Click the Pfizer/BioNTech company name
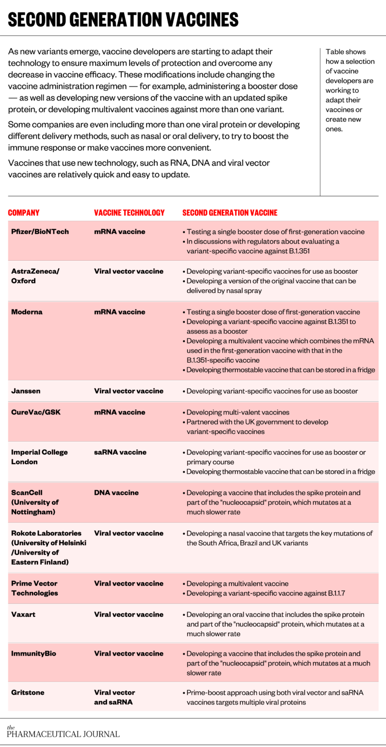pos(40,232)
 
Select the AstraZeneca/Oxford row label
pos(35,276)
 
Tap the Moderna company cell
pos(27,312)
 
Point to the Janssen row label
pos(26,391)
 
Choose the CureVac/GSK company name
pos(36,412)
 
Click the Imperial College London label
pos(39,457)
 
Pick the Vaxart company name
pos(23,614)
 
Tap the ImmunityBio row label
pos(34,654)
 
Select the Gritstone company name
pos(28,693)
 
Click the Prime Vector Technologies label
pos(35,588)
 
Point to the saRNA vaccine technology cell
pos(120,452)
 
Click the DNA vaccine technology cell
pos(116,493)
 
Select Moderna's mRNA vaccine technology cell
pos(119,312)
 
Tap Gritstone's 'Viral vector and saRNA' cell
pos(114,697)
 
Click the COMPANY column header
pos(24,212)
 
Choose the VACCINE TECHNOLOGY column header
pos(129,212)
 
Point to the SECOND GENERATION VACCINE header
pos(229,212)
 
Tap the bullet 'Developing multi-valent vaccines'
pos(238,412)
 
